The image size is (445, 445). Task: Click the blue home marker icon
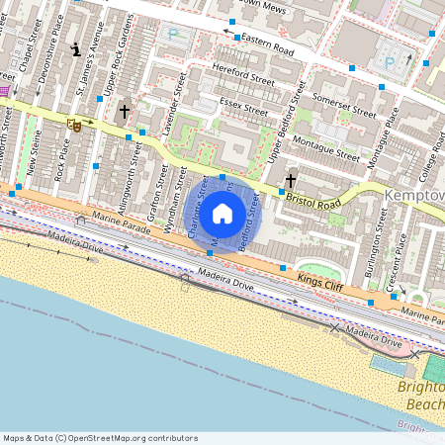(222, 213)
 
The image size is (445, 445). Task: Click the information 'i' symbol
(75, 48)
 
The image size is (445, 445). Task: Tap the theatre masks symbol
(74, 126)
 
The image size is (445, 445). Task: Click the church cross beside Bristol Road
(290, 181)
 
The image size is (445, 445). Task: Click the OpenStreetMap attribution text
(100, 437)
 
